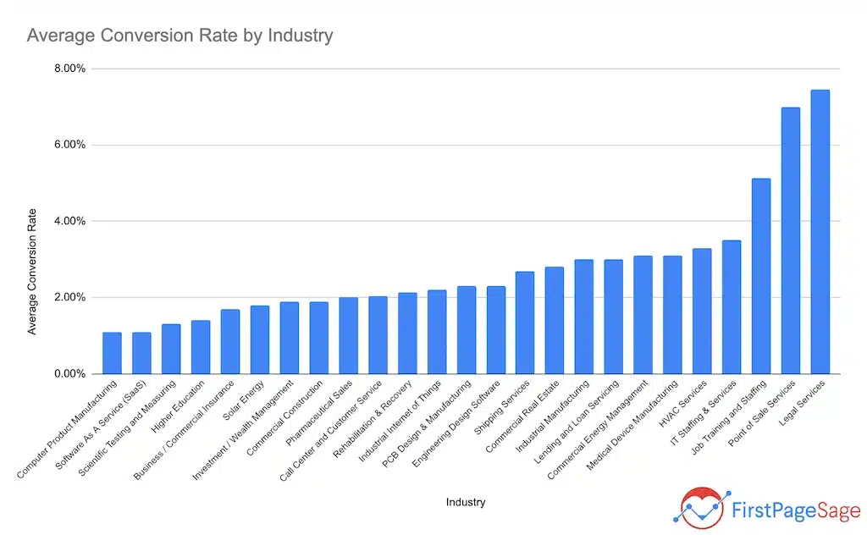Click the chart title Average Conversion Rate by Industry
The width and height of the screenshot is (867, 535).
coord(179,36)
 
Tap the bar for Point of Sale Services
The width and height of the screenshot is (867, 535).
coord(790,240)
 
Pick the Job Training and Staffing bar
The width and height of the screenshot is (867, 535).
coord(760,276)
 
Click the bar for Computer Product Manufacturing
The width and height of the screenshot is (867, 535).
coord(112,353)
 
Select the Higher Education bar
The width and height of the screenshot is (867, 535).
coord(201,347)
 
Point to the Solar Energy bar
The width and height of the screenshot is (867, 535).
coord(260,339)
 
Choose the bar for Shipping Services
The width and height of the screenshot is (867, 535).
coord(525,323)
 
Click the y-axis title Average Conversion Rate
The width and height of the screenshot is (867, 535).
coord(32,271)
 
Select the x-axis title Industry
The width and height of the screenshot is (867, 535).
coord(466,502)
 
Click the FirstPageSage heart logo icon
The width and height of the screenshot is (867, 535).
coord(699,506)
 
